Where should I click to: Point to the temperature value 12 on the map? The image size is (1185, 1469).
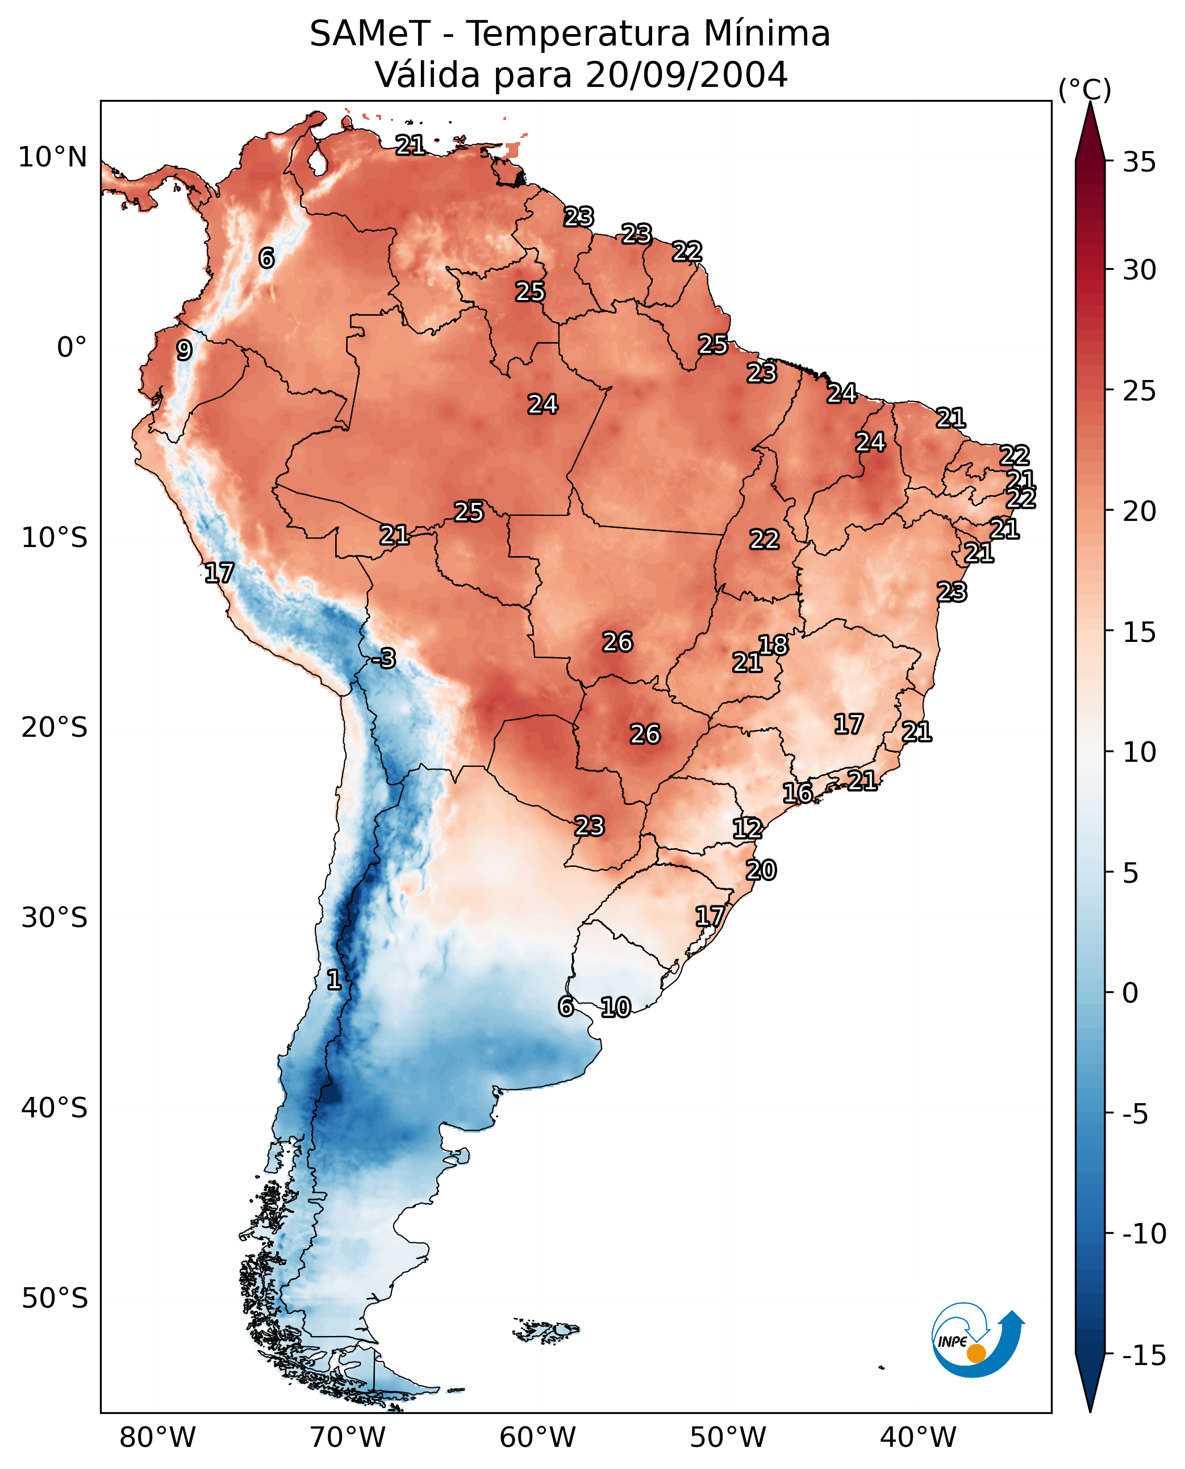click(748, 829)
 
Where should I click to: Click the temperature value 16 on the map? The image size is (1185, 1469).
click(797, 793)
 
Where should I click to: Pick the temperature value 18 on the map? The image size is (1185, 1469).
click(773, 645)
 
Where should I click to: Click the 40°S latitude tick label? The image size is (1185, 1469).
click(55, 1107)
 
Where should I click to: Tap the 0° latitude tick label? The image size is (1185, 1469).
click(72, 348)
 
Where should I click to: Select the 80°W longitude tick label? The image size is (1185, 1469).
click(158, 1437)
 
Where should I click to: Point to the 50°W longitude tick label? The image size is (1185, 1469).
click(728, 1437)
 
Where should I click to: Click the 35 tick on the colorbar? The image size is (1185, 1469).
click(1139, 162)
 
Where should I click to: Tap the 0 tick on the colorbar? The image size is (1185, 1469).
click(1130, 992)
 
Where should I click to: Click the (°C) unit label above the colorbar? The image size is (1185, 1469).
click(1084, 89)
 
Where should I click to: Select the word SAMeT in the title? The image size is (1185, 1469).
click(370, 34)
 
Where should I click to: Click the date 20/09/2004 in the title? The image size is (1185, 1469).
click(687, 74)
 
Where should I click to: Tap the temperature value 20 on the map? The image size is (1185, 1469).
click(761, 870)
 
